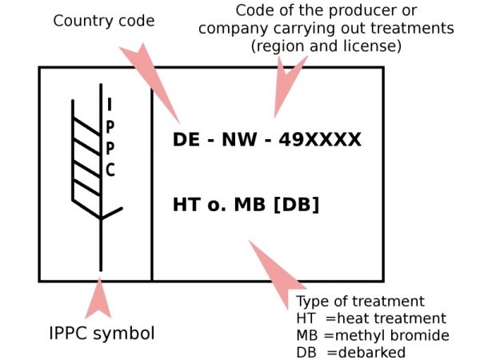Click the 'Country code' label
point(104,22)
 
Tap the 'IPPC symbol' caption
point(102,334)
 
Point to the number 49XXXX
point(320,139)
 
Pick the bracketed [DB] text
point(297,205)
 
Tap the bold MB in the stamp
point(250,205)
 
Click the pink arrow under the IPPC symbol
point(98,298)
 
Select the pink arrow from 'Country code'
point(150,83)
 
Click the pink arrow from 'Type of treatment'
point(277,274)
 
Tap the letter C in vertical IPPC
point(110,170)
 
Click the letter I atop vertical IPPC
point(110,104)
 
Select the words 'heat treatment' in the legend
point(391,318)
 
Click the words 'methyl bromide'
point(392,336)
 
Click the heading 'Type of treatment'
point(360,302)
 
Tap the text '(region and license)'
point(326,46)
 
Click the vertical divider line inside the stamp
point(151,184)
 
